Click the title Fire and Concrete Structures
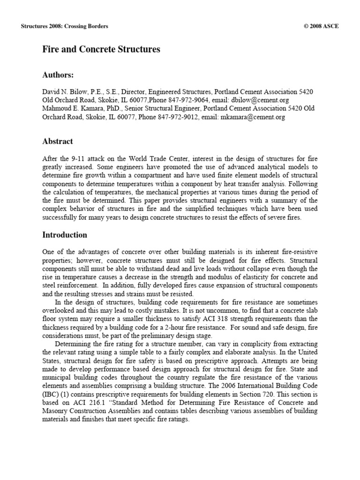tap(102, 49)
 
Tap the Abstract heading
tap(58, 141)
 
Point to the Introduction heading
tap(65, 234)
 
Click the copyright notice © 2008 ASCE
tap(321, 26)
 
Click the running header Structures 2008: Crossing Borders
tap(65, 26)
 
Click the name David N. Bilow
tap(63, 92)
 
